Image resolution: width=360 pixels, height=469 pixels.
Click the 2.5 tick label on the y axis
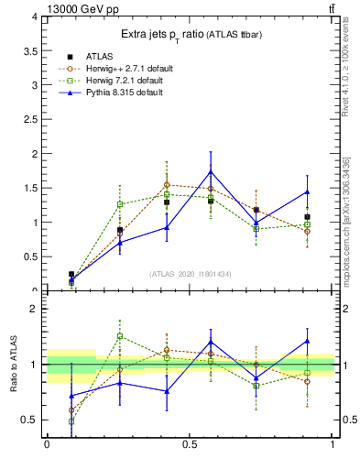31,119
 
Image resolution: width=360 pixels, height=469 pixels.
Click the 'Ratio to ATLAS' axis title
14,365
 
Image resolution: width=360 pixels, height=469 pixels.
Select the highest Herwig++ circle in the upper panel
167,185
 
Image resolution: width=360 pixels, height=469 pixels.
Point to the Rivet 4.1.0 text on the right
345,69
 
